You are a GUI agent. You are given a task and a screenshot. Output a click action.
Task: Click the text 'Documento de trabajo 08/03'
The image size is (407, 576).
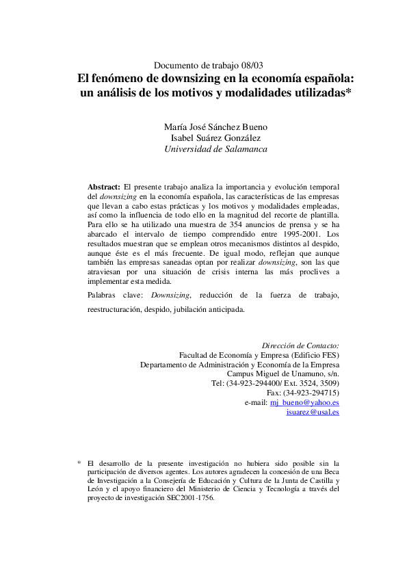(x=209, y=65)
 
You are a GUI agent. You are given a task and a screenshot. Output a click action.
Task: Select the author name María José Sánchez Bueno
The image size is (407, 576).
(x=216, y=127)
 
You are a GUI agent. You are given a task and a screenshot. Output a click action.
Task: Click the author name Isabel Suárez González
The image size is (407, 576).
(x=216, y=138)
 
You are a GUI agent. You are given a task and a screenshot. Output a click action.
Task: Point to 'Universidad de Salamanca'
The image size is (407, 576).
(x=216, y=148)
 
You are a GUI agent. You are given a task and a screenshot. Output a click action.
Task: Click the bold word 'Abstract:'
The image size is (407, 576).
(x=104, y=186)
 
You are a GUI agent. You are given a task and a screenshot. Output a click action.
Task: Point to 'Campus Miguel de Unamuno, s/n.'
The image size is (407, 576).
(x=283, y=374)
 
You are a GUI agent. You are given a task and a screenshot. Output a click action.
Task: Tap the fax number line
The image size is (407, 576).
(x=302, y=393)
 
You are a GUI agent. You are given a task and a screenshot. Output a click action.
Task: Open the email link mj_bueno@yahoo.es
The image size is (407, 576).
(x=304, y=403)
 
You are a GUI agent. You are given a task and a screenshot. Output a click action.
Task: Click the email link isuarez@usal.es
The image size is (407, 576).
(x=313, y=413)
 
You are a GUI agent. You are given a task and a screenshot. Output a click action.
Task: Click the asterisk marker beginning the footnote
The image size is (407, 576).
(x=79, y=463)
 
